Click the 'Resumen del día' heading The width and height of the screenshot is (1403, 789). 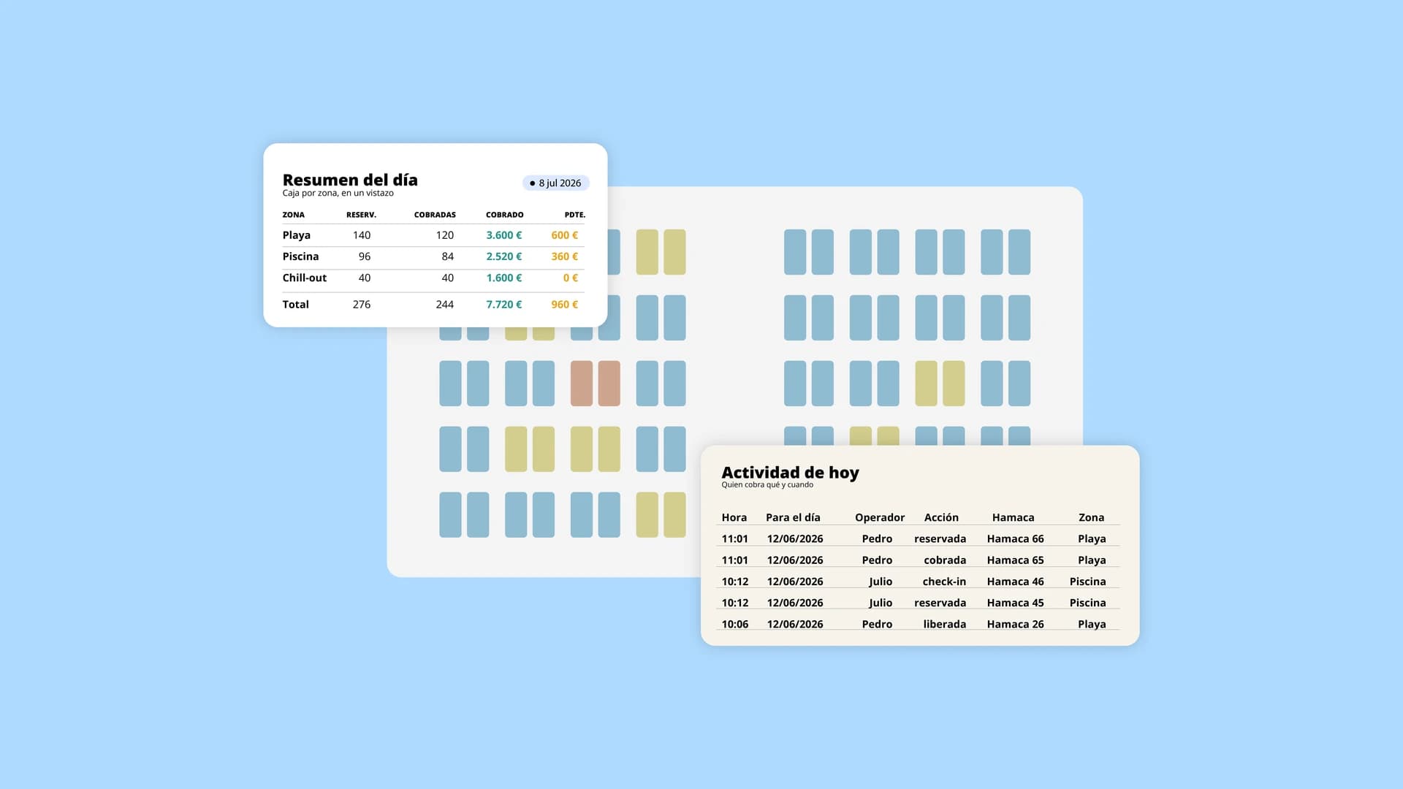(x=350, y=180)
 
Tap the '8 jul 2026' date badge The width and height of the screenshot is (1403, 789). (x=556, y=183)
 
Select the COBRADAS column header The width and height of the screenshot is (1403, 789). (x=435, y=215)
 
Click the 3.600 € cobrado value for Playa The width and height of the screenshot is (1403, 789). (x=504, y=235)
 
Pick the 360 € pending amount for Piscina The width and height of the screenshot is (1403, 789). (x=565, y=256)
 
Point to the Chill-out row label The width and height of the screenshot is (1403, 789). (x=305, y=278)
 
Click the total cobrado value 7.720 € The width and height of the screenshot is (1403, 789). (x=504, y=305)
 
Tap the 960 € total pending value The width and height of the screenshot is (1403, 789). (x=565, y=305)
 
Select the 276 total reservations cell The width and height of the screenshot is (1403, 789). (x=362, y=305)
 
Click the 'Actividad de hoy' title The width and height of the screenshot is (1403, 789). (x=791, y=473)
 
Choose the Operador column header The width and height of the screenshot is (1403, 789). (x=880, y=517)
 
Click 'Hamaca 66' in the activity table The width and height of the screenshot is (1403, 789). (x=1016, y=538)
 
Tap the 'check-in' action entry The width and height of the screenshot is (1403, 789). (x=944, y=582)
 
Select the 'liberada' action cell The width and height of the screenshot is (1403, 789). (x=945, y=624)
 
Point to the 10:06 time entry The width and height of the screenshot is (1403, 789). (x=735, y=624)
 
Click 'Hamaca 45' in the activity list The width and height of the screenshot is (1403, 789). (x=1016, y=603)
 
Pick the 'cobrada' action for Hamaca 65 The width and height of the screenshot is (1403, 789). (x=945, y=560)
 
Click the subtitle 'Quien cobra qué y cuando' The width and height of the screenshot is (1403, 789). (x=767, y=485)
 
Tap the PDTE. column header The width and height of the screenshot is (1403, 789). (x=575, y=215)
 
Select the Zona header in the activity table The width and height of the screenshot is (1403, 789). (x=1092, y=517)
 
